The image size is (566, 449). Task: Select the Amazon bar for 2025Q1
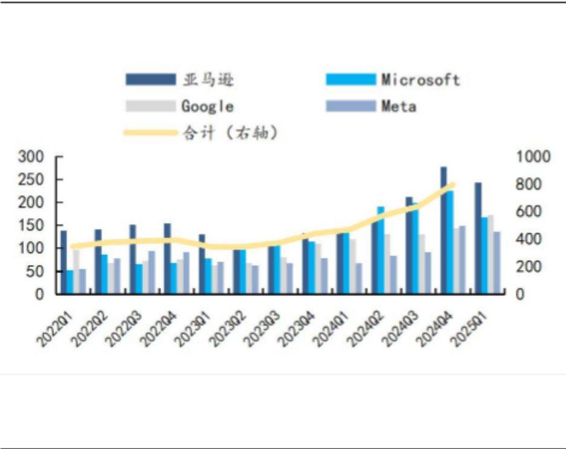478,238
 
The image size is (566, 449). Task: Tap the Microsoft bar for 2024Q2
381,250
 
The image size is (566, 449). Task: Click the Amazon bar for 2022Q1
64,262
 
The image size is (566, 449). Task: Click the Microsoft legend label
420,79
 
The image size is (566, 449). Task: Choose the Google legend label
207,107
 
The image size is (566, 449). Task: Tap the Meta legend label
398,107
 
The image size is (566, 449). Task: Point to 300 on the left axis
32,157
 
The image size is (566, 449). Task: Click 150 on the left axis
32,226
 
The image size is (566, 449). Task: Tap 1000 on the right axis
533,157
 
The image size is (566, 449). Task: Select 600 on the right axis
530,212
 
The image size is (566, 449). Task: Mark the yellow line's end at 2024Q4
452,185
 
